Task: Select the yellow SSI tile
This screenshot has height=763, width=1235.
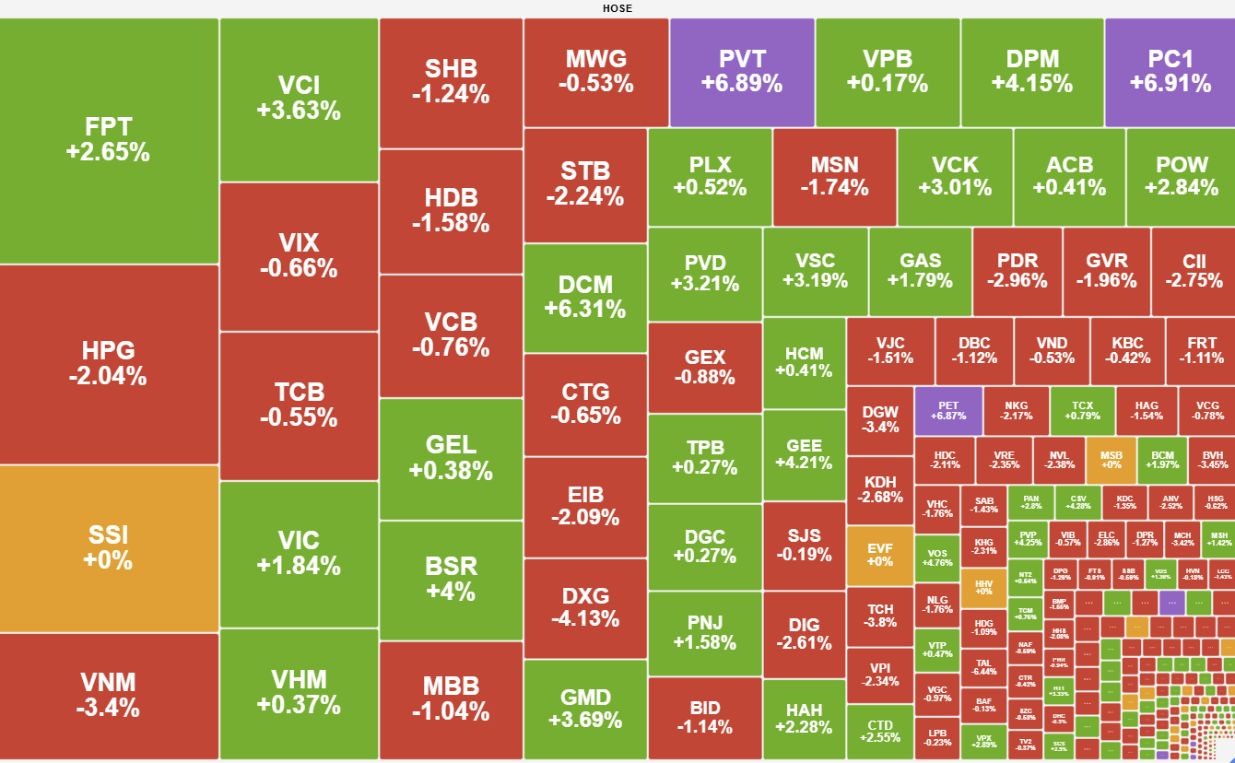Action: click(x=108, y=547)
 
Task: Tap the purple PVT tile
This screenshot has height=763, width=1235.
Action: click(x=742, y=72)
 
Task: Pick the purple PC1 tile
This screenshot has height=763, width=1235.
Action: click(x=1170, y=72)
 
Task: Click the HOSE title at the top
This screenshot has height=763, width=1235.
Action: click(x=617, y=8)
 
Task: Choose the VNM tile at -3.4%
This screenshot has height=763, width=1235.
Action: click(x=108, y=695)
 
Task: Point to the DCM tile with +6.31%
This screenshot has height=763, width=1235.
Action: click(x=585, y=296)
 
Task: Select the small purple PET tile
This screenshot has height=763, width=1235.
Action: click(x=948, y=411)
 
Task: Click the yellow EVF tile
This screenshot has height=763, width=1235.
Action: click(x=880, y=555)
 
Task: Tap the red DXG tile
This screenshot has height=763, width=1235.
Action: click(x=585, y=608)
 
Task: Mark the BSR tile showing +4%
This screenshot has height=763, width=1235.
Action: click(x=451, y=578)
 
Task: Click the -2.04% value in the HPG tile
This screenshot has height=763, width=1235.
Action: click(x=108, y=376)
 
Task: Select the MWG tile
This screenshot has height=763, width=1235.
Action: click(x=596, y=72)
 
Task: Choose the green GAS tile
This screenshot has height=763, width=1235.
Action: click(x=920, y=271)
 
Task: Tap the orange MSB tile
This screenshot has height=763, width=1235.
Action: click(x=1111, y=459)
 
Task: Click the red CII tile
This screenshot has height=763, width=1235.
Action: click(x=1194, y=271)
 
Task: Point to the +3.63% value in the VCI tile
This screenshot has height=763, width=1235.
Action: click(x=299, y=111)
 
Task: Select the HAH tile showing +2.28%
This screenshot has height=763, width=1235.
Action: click(x=805, y=719)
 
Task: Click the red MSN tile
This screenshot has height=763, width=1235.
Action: click(x=834, y=176)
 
